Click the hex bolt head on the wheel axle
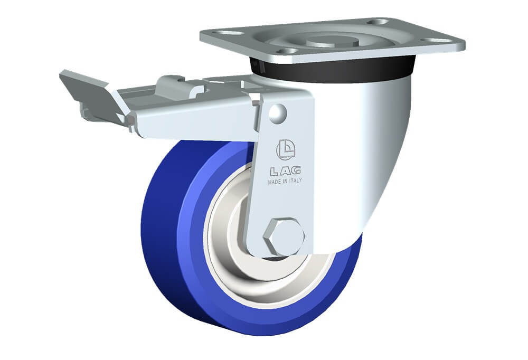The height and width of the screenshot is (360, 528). (284, 236)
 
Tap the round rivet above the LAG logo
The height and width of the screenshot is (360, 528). (278, 113)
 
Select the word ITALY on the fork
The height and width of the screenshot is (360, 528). (295, 181)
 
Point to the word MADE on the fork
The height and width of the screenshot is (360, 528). (275, 182)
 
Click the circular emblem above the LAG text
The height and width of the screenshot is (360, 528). (286, 148)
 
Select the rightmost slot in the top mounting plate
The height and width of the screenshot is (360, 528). (439, 41)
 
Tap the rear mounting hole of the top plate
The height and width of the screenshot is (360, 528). (378, 22)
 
